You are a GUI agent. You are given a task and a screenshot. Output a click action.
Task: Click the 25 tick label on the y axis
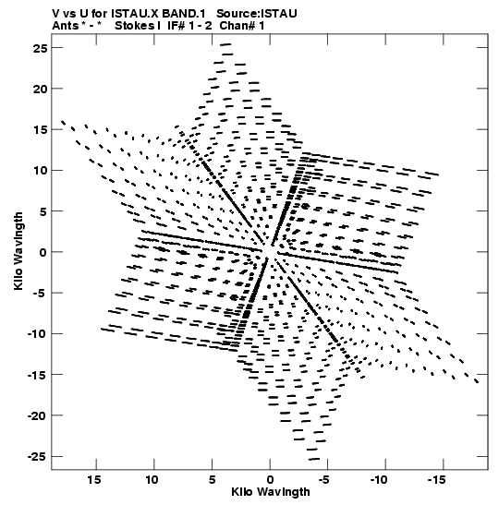40,48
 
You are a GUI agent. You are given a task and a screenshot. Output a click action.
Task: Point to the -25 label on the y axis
37,457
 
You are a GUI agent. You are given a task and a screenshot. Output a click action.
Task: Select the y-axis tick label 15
40,130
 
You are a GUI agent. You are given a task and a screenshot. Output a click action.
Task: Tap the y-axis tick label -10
37,334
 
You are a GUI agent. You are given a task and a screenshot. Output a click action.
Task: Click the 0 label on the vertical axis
43,253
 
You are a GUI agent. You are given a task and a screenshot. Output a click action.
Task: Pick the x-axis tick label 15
94,480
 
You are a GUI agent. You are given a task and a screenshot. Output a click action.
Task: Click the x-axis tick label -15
437,480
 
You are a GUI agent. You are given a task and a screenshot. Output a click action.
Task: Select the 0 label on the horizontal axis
270,480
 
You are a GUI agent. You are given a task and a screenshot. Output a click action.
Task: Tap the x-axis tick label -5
324,480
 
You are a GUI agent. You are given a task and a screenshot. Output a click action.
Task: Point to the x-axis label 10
152,480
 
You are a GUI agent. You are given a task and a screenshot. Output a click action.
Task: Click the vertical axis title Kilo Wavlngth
18,251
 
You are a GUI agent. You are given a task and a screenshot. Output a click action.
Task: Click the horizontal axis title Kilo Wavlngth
271,492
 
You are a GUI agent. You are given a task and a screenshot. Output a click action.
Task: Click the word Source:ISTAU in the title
257,14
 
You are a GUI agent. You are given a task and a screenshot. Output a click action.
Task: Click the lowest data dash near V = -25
313,459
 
